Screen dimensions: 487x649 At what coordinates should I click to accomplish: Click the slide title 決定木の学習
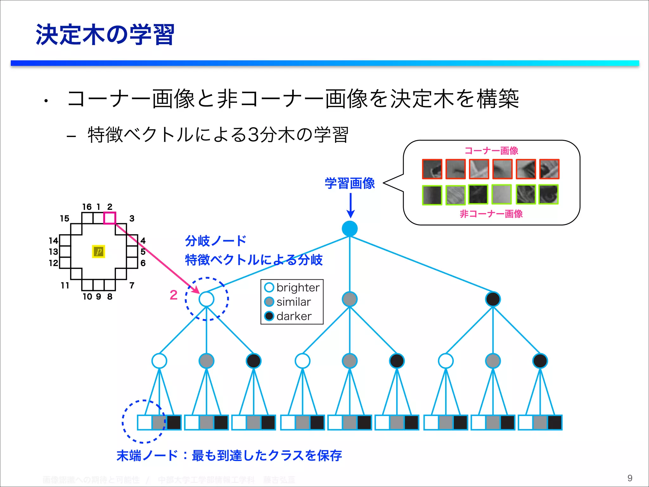105,35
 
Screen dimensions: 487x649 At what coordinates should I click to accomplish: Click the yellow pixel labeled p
99,251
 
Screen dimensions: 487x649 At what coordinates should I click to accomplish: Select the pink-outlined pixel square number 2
110,218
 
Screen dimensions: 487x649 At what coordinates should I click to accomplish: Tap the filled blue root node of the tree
350,229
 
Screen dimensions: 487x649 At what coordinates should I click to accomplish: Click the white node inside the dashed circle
206,299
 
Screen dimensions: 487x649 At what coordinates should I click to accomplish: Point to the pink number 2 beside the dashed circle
173,295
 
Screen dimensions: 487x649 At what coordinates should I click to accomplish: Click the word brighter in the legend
298,288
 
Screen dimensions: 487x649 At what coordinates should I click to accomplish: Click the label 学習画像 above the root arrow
350,183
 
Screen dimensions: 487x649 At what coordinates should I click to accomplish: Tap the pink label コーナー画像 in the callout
491,151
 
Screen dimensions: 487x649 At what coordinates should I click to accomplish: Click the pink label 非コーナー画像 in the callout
491,214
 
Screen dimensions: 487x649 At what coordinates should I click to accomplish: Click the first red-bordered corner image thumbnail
432,169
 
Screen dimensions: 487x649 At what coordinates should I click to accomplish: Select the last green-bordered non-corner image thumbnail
549,194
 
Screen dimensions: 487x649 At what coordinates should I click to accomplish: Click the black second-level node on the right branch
493,299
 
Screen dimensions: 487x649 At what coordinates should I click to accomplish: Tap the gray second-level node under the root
350,299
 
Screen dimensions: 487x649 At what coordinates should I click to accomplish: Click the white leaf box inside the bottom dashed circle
145,422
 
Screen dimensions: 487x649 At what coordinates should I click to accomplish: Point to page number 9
630,478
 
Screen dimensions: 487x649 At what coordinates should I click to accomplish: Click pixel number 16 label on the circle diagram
87,207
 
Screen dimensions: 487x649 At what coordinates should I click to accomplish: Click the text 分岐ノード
215,241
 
